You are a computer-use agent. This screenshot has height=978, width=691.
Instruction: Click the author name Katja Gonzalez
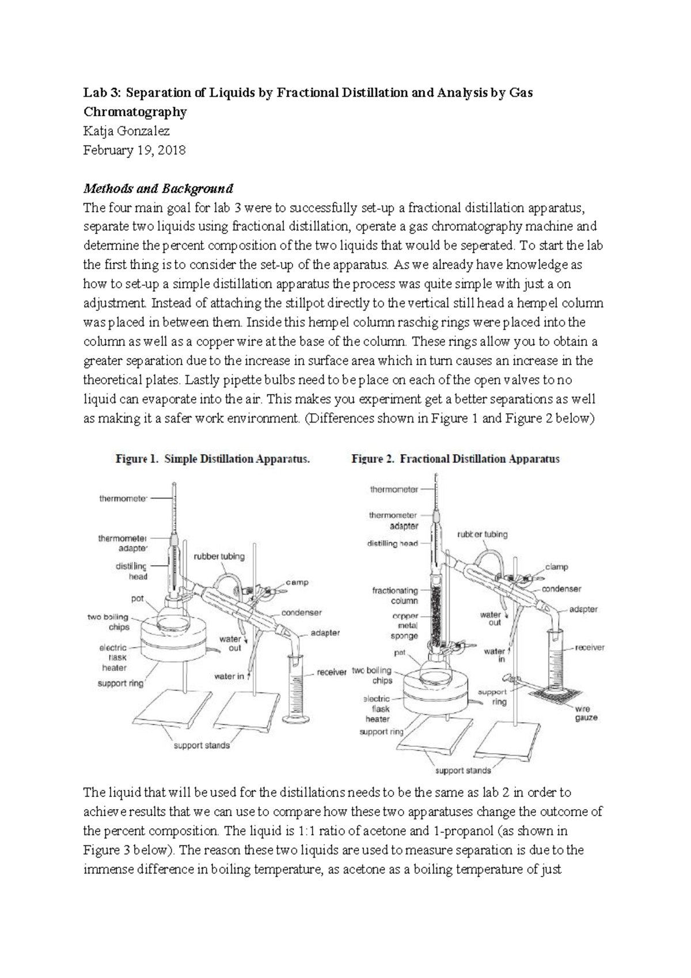click(127, 131)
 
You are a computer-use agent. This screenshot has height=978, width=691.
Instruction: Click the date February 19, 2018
click(134, 150)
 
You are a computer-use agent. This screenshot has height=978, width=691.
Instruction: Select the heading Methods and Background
click(158, 188)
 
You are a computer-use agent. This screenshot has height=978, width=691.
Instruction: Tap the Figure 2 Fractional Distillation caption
click(455, 459)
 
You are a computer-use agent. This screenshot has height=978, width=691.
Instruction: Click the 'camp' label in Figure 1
click(297, 582)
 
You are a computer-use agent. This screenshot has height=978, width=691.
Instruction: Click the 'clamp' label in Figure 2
click(556, 567)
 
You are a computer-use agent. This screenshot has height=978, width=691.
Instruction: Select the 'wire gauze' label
click(586, 713)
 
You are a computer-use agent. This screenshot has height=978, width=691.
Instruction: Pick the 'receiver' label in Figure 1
click(331, 672)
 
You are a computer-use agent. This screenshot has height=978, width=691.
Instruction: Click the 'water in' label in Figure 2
click(494, 655)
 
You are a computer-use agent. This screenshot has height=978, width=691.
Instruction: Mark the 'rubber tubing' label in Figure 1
click(219, 557)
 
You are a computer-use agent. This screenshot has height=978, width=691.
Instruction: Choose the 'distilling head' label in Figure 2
click(392, 543)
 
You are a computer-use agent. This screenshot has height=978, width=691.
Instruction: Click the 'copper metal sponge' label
click(404, 626)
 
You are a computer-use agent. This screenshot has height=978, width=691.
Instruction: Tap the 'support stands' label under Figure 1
click(202, 745)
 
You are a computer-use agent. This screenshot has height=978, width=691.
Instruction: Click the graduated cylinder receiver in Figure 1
click(296, 686)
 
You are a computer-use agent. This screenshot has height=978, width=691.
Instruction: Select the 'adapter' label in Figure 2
click(583, 609)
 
